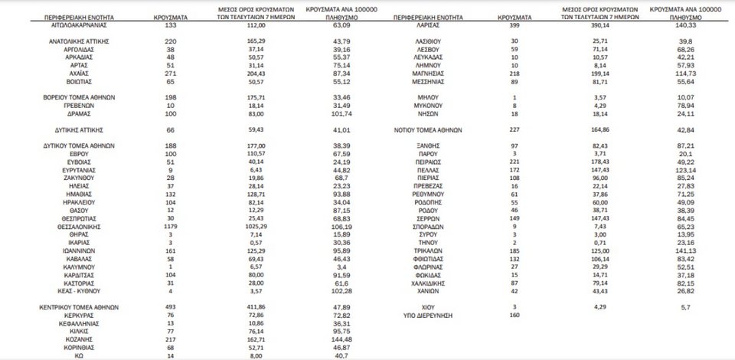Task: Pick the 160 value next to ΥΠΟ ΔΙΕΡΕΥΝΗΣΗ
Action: (x=514, y=315)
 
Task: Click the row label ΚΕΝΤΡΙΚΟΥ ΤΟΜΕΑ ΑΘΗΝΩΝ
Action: (x=79, y=306)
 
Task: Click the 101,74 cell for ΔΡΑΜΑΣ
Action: (x=337, y=113)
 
